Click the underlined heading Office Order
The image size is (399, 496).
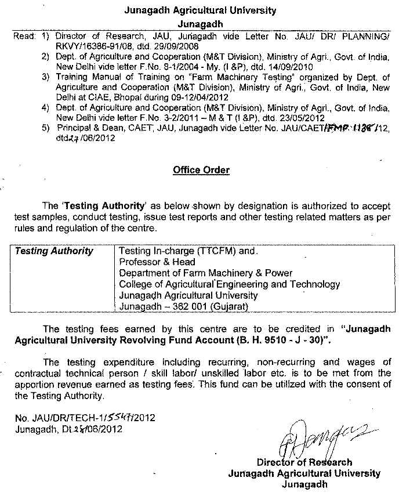201,170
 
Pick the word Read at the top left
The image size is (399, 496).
24,36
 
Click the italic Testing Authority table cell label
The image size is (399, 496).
54,251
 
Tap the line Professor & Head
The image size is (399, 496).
157,262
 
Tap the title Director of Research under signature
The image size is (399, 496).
304,462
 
